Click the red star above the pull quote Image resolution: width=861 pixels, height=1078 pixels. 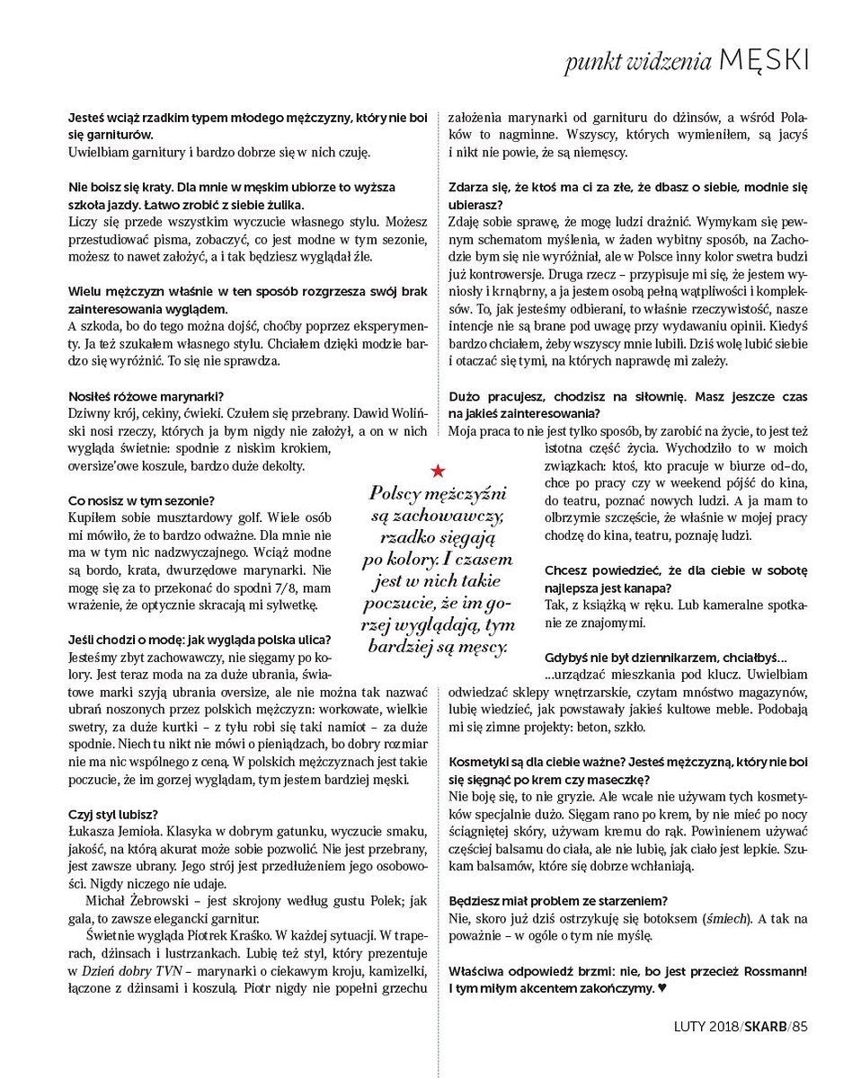[x=437, y=470]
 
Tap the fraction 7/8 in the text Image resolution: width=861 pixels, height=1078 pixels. [x=265, y=588]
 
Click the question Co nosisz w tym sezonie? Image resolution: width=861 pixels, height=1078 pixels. [x=142, y=500]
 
